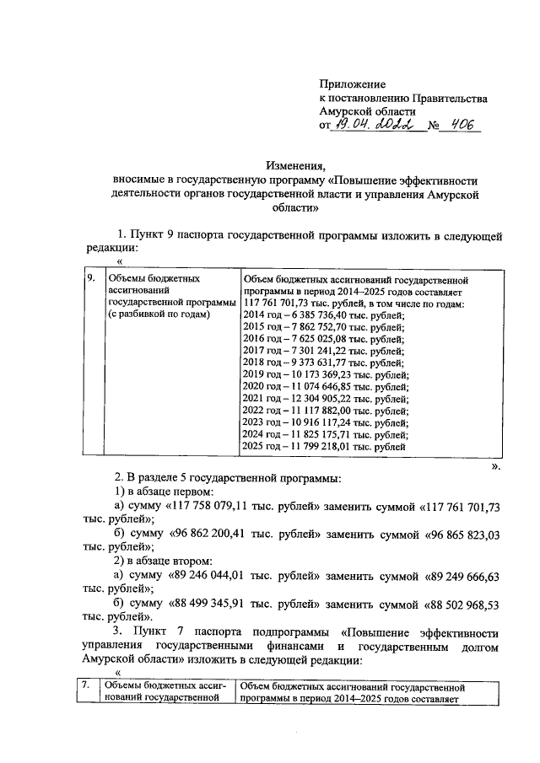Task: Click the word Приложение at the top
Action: [352, 84]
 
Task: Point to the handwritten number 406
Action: [462, 126]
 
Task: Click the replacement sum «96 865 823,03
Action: [466, 534]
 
